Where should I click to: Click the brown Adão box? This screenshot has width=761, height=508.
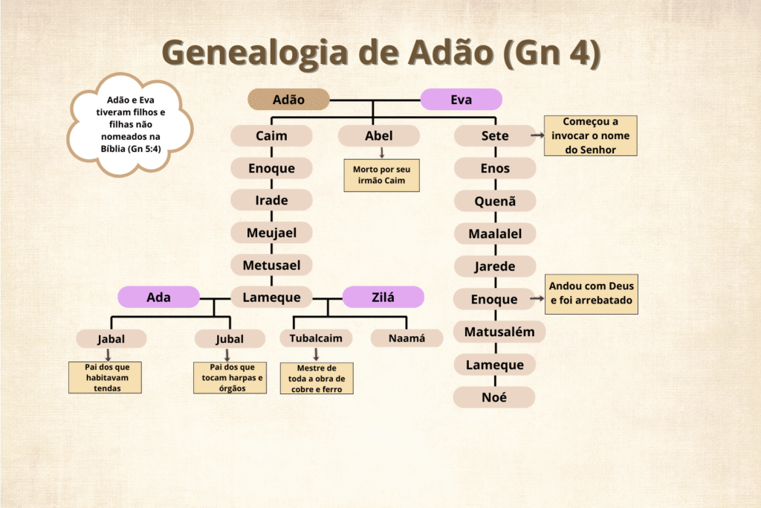point(288,99)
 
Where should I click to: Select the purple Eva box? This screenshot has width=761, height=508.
point(461,99)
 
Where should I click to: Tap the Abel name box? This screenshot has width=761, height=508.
point(378,136)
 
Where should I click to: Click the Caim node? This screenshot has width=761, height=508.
point(271,136)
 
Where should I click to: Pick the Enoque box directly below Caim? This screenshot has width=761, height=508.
point(271,168)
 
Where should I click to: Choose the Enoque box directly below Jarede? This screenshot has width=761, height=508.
point(494,299)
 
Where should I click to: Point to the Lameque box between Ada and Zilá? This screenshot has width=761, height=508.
point(271,298)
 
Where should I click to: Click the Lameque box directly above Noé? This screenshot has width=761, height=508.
point(494,364)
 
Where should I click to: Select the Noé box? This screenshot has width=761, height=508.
point(494,397)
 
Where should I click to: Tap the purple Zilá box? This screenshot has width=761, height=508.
point(383,298)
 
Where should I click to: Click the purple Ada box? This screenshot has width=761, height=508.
point(158,298)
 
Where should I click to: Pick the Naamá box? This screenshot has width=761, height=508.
point(407,338)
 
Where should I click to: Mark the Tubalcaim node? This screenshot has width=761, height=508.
point(316,338)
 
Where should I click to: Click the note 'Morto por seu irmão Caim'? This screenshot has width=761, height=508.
point(381,176)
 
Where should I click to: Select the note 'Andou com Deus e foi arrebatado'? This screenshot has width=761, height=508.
point(592,293)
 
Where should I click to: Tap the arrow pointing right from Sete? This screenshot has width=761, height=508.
point(537,136)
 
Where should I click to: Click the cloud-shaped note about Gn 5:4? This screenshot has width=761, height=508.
point(130,124)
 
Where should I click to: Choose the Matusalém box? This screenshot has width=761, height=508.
point(499,332)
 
